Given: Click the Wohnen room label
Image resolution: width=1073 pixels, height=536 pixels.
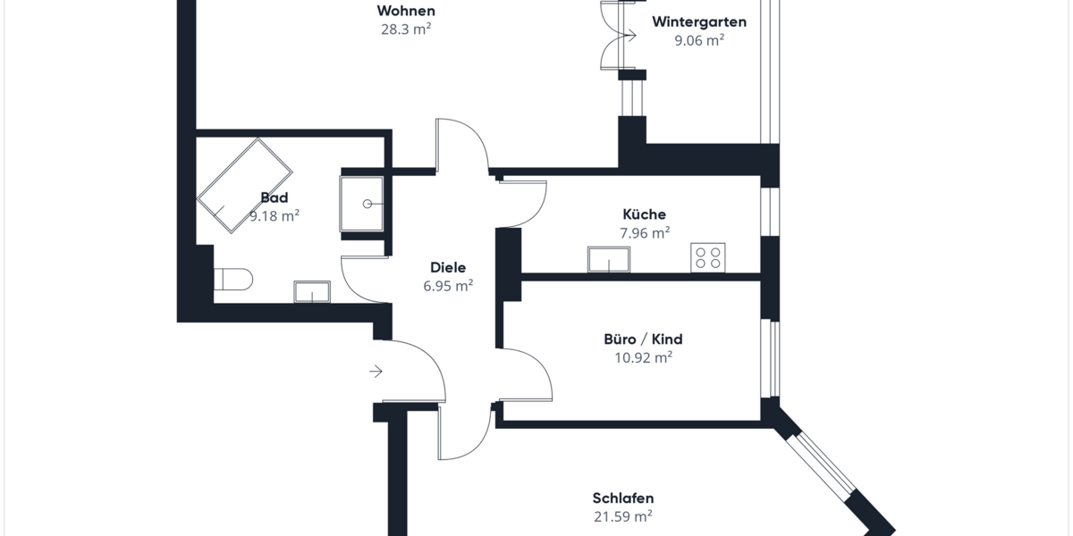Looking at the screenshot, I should pyautogui.click(x=406, y=11).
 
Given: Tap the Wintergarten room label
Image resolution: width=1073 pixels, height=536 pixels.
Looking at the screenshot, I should pyautogui.click(x=699, y=21).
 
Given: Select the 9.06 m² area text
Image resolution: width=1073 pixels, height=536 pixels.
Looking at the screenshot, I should pyautogui.click(x=699, y=39).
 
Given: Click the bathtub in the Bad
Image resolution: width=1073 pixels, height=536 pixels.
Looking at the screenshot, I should pyautogui.click(x=245, y=186).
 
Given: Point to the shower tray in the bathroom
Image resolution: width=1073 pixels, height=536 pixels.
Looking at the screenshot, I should pyautogui.click(x=362, y=205).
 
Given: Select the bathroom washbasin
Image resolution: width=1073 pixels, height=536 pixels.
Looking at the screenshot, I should pyautogui.click(x=312, y=291).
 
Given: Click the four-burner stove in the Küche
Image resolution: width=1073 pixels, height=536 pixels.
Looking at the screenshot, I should pyautogui.click(x=707, y=257).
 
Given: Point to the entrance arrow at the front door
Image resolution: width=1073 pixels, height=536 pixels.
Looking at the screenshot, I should pyautogui.click(x=376, y=371).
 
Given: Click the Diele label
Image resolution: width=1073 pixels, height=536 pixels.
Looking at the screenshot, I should pyautogui.click(x=448, y=267).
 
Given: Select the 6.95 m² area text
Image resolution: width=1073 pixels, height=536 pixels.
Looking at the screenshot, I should pyautogui.click(x=448, y=286).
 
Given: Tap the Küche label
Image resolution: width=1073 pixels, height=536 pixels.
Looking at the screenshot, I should pyautogui.click(x=644, y=214).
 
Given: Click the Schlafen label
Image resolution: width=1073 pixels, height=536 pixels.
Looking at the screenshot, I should pyautogui.click(x=623, y=498).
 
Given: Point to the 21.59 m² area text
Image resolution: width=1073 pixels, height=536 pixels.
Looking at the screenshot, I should pyautogui.click(x=623, y=515).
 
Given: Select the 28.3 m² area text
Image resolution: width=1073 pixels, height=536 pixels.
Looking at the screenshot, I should pyautogui.click(x=406, y=28).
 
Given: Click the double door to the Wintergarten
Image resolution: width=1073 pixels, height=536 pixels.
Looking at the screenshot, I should pyautogui.click(x=617, y=36).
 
